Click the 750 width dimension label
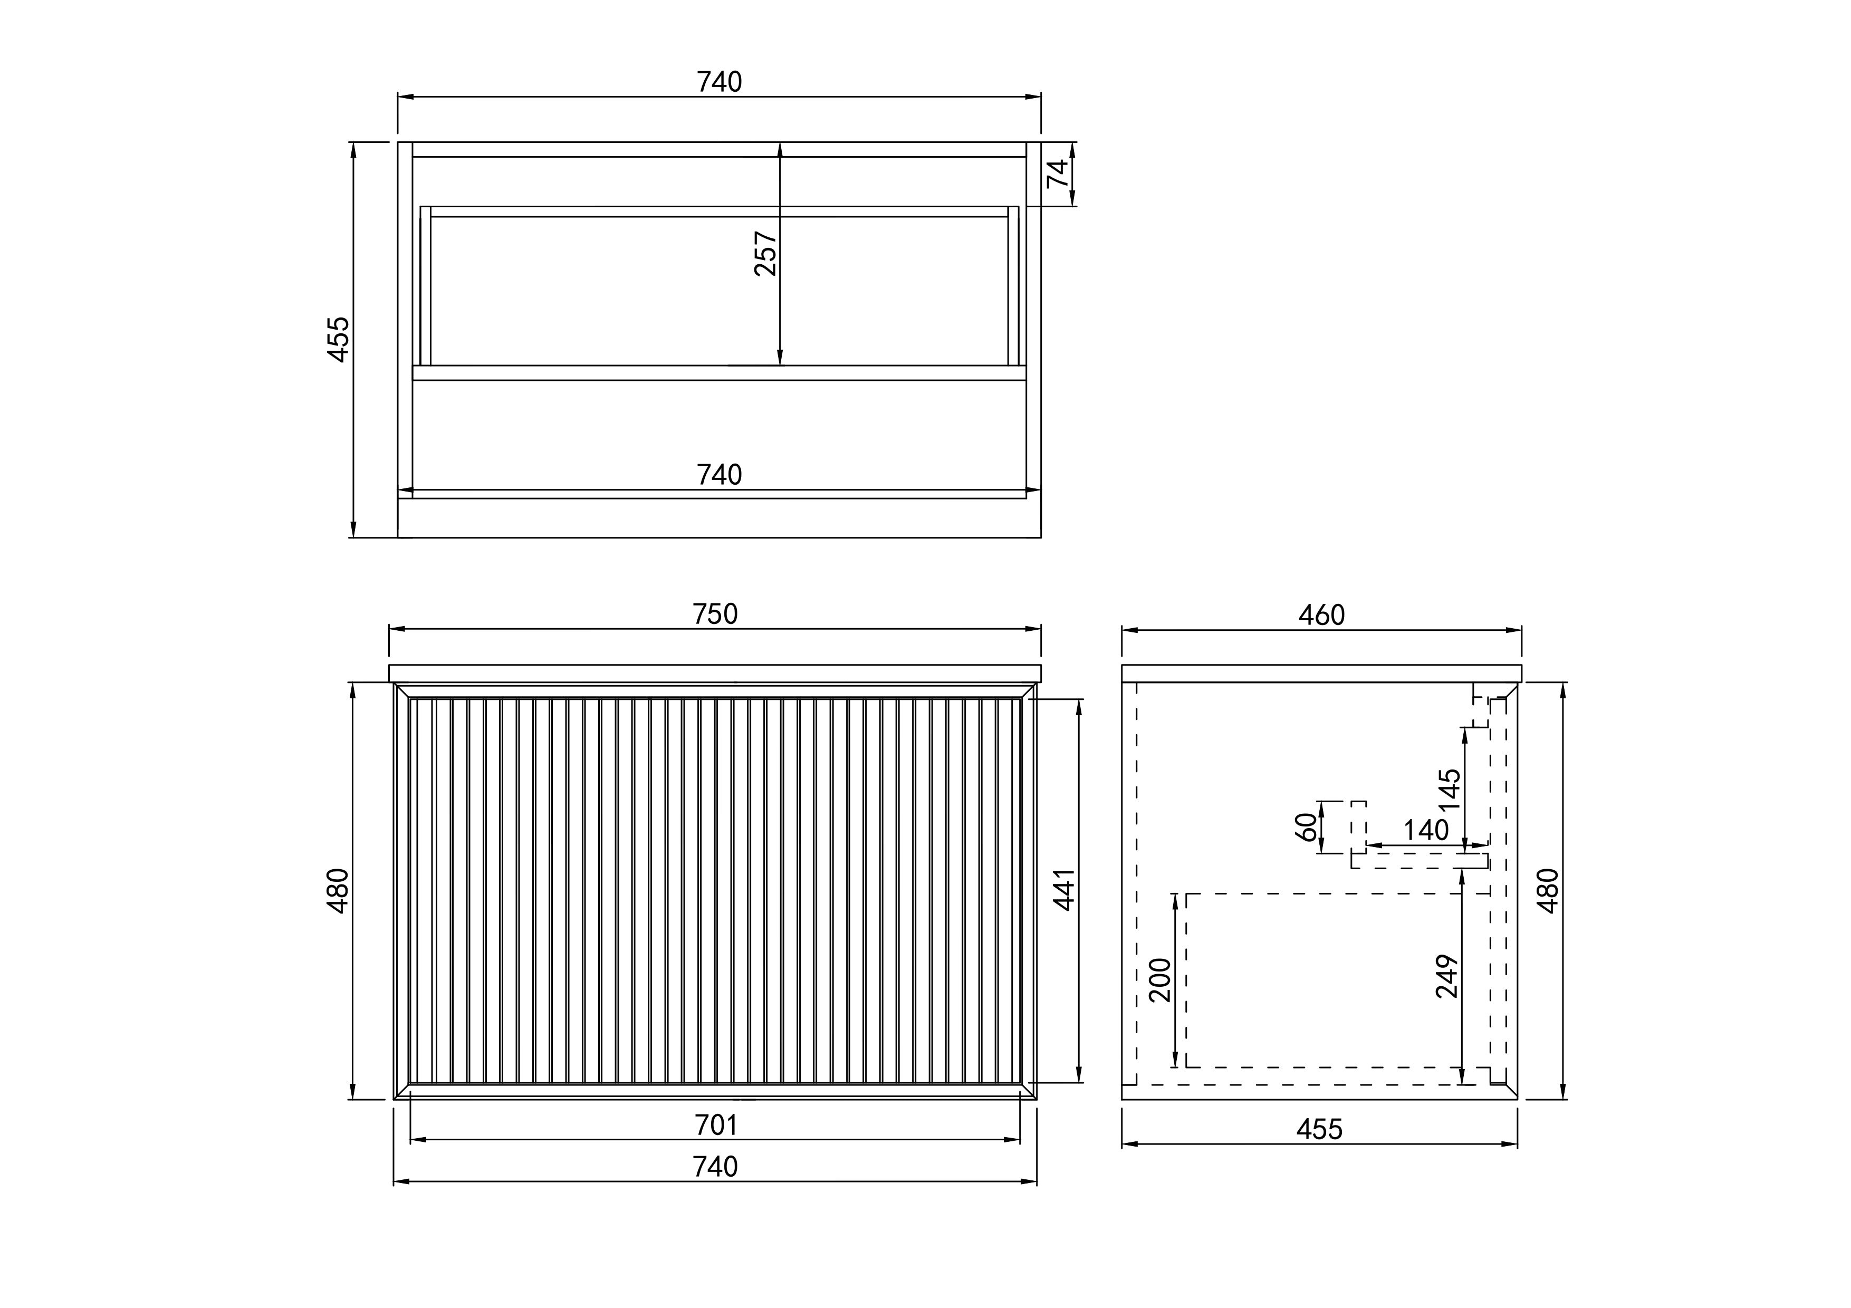(x=715, y=615)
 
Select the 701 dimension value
(x=716, y=1125)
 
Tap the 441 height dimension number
(x=1065, y=890)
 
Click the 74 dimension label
(x=1057, y=174)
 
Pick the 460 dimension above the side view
(x=1321, y=615)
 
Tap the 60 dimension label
(x=1305, y=827)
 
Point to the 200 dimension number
(x=1159, y=980)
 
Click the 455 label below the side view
(x=1320, y=1130)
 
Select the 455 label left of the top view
(x=339, y=339)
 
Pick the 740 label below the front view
(x=716, y=1167)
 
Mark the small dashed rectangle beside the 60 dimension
(x=1358, y=827)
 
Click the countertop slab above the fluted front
(x=715, y=674)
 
